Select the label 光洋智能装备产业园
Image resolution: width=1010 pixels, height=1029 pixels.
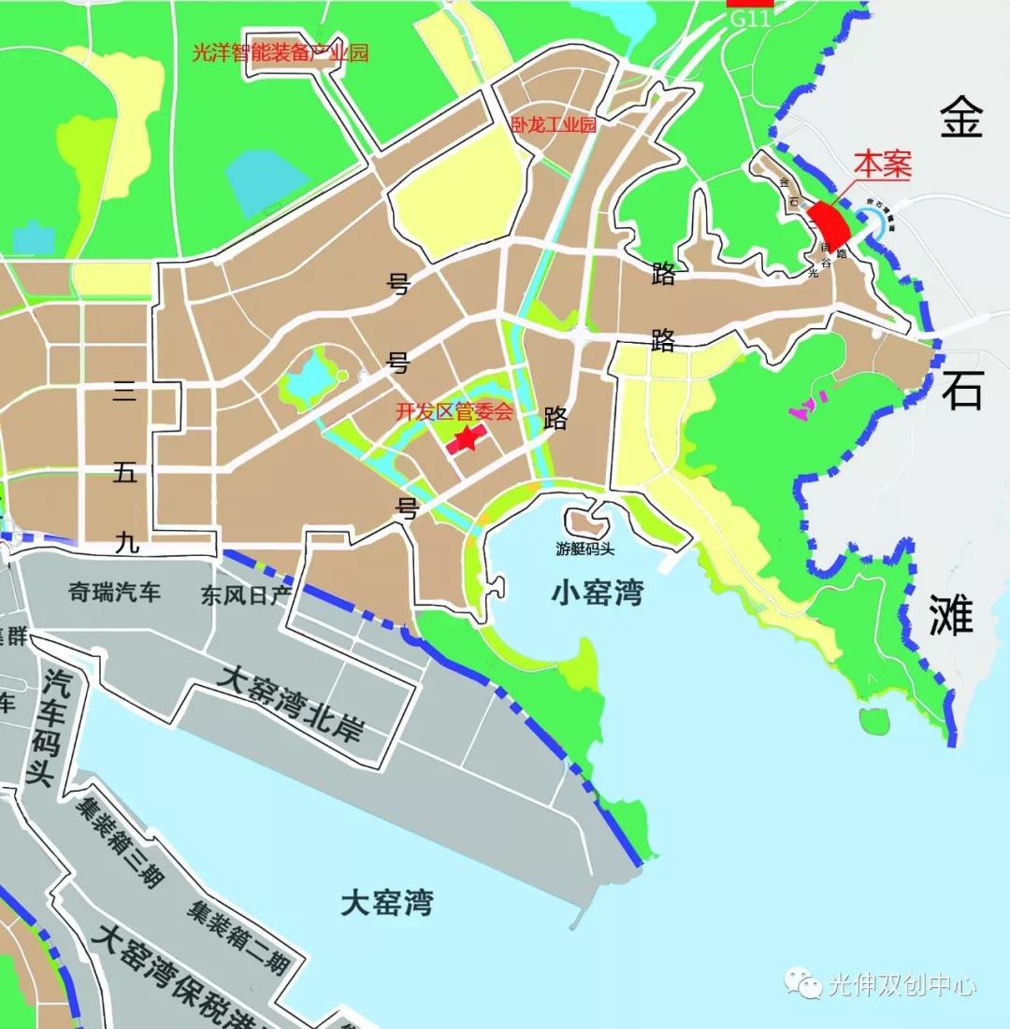[x=280, y=52]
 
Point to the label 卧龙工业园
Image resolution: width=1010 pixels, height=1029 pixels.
[x=554, y=124]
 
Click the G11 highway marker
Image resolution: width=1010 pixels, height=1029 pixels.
[x=749, y=15]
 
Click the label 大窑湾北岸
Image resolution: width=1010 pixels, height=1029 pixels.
[x=289, y=702]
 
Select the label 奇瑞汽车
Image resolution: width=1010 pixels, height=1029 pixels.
[x=115, y=592]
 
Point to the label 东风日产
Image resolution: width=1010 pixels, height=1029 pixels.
[x=245, y=595]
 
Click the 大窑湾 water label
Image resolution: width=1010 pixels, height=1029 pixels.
[x=387, y=903]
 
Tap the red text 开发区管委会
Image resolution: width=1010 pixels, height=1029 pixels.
[x=454, y=410]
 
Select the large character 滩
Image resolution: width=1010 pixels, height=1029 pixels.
[x=951, y=616]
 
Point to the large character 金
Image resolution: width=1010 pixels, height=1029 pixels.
[x=962, y=120]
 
